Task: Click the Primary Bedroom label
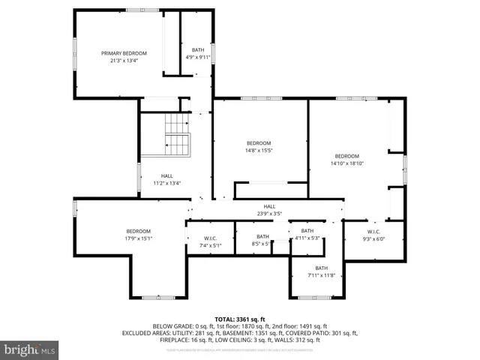tap(124, 53)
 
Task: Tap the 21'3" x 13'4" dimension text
tap(124, 61)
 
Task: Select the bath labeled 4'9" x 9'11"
tap(198, 53)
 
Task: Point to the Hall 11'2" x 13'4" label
tap(166, 179)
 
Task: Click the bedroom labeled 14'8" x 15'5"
tap(259, 147)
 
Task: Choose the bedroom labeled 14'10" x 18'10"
tap(347, 159)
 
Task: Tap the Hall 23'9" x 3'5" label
tap(269, 210)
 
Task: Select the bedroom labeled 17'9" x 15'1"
tap(139, 235)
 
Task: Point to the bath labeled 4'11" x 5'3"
tap(307, 234)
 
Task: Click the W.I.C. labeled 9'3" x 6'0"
tap(373, 235)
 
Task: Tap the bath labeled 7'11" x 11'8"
tap(321, 271)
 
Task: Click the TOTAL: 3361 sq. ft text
tap(240, 319)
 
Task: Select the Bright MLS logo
tap(30, 350)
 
